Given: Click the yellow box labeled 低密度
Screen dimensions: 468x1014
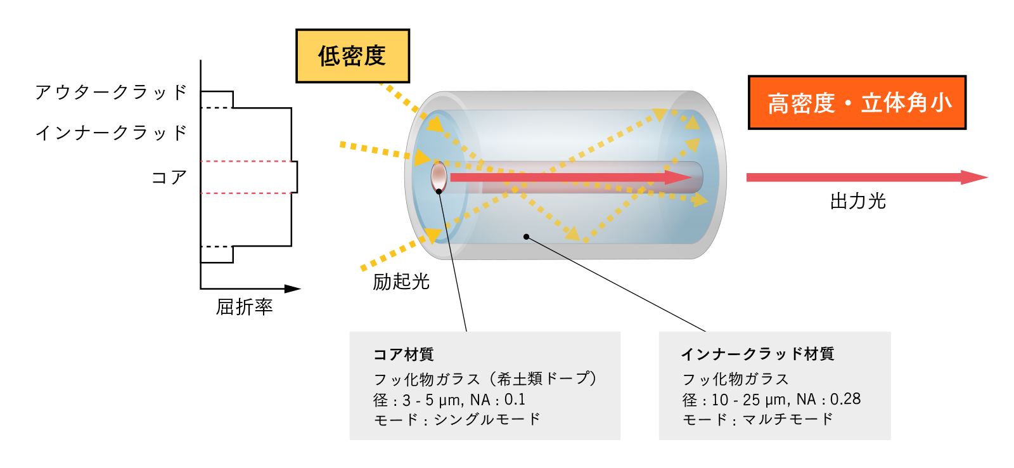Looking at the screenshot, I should coord(352,56).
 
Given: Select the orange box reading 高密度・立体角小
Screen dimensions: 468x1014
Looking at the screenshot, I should coord(857,103).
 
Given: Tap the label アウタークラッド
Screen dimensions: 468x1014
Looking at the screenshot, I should coord(112,93).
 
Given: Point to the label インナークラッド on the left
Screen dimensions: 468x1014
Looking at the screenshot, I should coord(112,133).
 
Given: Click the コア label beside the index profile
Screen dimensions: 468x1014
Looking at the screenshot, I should coord(169,178).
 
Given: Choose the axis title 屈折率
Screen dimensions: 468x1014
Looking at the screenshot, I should coord(244,307).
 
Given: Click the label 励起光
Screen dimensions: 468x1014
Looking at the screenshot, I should coord(401,282).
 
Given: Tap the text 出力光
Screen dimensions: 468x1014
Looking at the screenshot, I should coord(857,202).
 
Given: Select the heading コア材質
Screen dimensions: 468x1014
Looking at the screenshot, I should coord(403,354).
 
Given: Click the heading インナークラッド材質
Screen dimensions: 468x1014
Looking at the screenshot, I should coord(757,354).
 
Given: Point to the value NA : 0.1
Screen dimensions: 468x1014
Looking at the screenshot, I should coord(497,400).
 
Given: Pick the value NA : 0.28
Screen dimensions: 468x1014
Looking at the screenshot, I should coord(828,400).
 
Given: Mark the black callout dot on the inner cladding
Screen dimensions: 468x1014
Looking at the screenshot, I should coord(526,237).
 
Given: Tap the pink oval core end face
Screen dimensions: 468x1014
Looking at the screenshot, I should coord(439,176).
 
